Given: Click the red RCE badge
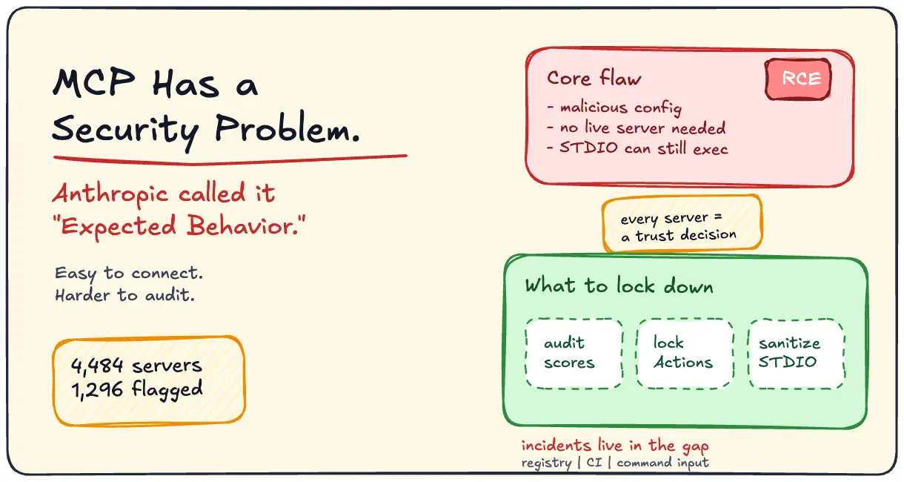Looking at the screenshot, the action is (x=798, y=79).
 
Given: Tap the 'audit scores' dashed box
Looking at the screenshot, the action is (x=574, y=354).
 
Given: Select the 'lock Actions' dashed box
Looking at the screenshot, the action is (x=685, y=354).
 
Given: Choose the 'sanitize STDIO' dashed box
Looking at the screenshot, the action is (x=797, y=354).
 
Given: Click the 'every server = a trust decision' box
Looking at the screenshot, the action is (x=682, y=223).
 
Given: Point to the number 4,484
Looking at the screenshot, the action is (x=97, y=366).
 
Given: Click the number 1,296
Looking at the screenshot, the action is (x=97, y=390).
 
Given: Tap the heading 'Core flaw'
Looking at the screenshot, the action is (x=594, y=78).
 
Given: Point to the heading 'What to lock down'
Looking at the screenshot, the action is (x=619, y=285).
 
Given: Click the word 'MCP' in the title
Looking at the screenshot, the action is (x=93, y=82).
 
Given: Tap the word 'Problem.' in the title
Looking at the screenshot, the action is (x=287, y=128).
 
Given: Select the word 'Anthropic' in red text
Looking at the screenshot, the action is (x=110, y=195).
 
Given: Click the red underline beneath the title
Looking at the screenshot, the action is (x=230, y=159).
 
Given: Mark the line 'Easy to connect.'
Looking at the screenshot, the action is (x=129, y=274).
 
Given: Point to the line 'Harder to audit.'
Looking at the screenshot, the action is (x=124, y=295).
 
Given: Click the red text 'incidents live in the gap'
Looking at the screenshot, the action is (x=615, y=446).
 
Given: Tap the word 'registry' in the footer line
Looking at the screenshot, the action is (x=546, y=463).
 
